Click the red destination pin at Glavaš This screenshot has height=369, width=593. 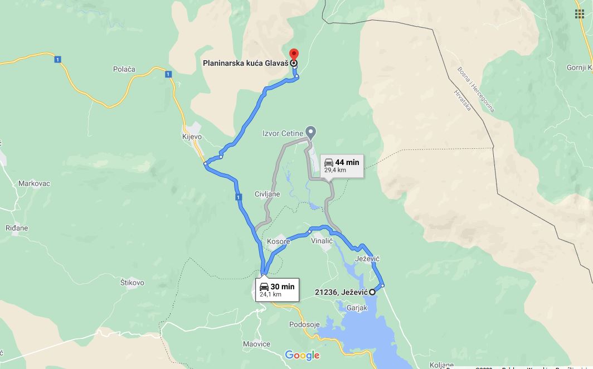tap(294, 55)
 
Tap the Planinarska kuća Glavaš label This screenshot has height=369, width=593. tap(245, 63)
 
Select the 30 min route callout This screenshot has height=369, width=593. tap(278, 289)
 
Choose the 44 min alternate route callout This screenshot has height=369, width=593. tap(342, 166)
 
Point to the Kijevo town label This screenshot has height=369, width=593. tap(192, 137)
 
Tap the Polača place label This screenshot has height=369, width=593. tap(124, 69)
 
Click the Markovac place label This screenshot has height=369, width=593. tap(35, 183)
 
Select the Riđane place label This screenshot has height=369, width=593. tap(17, 228)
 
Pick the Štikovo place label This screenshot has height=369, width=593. tap(132, 283)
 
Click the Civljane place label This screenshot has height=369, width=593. tap(267, 194)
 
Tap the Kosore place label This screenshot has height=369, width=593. tap(279, 242)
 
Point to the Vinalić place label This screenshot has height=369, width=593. tap(322, 241)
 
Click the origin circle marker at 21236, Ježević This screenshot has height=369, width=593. tap(372, 292)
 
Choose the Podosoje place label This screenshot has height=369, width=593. tap(304, 324)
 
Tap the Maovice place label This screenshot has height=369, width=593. tap(256, 344)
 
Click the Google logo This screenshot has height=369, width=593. tap(302, 355)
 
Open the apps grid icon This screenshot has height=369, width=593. tap(580, 14)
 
